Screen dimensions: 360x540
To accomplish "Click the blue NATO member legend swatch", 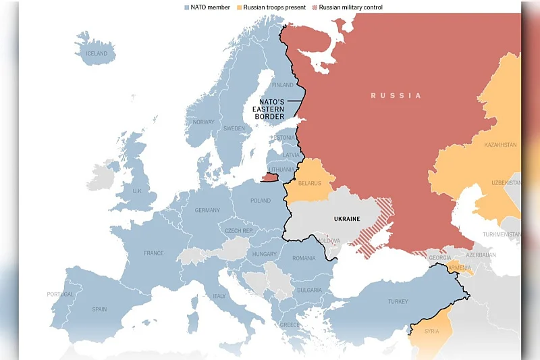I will [x=186, y=7].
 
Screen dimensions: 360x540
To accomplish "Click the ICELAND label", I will [x=97, y=53].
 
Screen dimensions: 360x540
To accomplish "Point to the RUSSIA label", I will [x=396, y=96].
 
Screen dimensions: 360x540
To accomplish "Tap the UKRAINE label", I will [x=347, y=219].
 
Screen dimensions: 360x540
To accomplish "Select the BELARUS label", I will [x=310, y=183].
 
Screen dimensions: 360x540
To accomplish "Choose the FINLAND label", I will [x=282, y=85].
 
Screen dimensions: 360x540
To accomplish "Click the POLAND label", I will [x=261, y=201].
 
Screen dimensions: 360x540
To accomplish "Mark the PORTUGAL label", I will [x=60, y=294].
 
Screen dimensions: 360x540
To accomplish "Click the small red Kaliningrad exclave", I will [x=269, y=177].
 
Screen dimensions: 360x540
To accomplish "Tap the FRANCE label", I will [x=153, y=253].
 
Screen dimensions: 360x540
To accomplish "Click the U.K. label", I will [x=137, y=191].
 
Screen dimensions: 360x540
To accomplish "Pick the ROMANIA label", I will [x=304, y=258].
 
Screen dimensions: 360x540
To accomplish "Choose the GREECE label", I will [x=290, y=325].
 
